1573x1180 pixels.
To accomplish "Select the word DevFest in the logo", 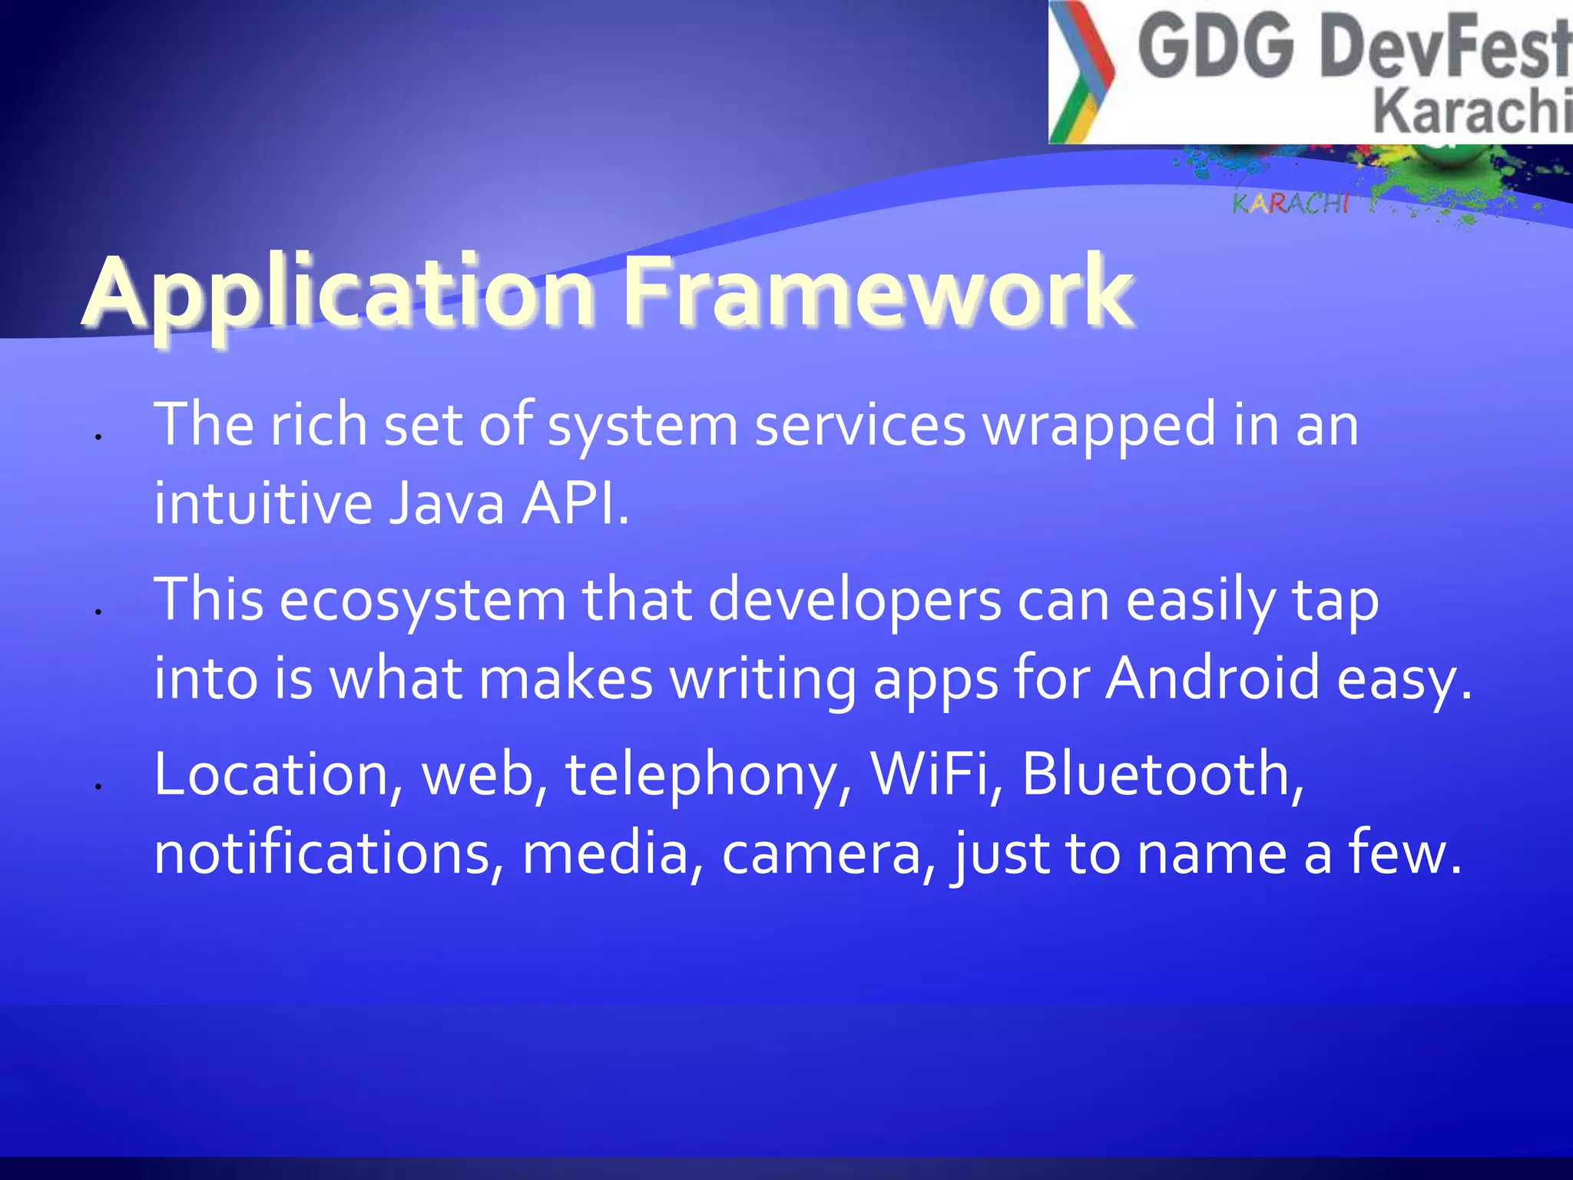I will click(x=1444, y=49).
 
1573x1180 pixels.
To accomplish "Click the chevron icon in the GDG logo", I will click(x=1081, y=73).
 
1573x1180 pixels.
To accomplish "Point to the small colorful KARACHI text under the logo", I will click(x=1290, y=204).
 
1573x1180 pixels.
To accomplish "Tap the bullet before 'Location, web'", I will click(x=98, y=786).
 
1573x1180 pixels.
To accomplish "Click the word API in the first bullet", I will click(x=573, y=505).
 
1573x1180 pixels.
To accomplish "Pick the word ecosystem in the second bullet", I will click(x=422, y=601).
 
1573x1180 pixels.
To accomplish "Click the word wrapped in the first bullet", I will click(x=1099, y=426).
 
